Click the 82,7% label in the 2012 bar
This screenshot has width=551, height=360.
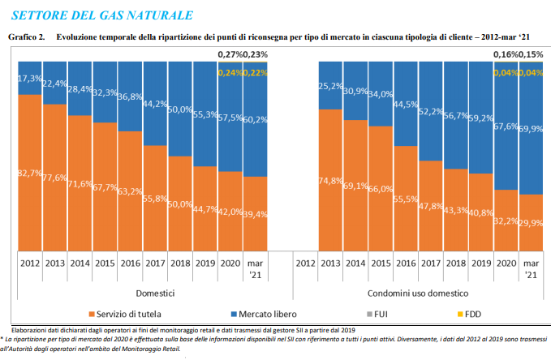(31, 173)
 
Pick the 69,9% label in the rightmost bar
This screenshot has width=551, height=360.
(532, 129)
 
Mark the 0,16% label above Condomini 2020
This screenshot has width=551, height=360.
(507, 54)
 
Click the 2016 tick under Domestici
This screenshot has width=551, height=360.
(131, 264)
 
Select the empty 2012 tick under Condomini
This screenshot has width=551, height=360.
(306, 264)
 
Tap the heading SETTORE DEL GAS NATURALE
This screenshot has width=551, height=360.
(101, 15)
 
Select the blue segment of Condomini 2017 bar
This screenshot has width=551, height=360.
(431, 110)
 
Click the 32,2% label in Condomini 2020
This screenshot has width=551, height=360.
(506, 221)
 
